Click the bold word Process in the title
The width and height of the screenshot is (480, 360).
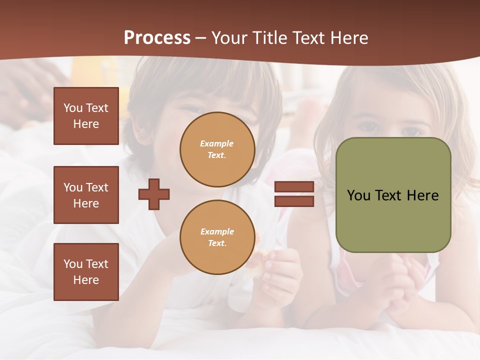(x=157, y=38)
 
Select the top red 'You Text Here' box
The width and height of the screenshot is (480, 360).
(x=86, y=116)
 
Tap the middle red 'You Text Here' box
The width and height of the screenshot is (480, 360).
(x=86, y=195)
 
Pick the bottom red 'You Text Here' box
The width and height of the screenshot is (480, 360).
(x=86, y=271)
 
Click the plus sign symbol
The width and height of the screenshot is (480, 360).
(x=154, y=194)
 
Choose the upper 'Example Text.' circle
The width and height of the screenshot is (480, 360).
(x=217, y=149)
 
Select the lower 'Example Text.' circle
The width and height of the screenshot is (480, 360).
(x=217, y=237)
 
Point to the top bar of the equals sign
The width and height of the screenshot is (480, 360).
(x=294, y=187)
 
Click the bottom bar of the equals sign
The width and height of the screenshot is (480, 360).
(x=294, y=201)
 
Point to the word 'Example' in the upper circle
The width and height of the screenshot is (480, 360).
(x=216, y=143)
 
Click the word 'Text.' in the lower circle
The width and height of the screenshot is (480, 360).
(x=217, y=243)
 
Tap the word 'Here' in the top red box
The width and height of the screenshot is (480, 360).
(x=86, y=124)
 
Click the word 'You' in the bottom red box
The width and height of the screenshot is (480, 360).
(x=73, y=263)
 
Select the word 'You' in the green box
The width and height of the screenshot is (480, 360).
(x=358, y=195)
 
